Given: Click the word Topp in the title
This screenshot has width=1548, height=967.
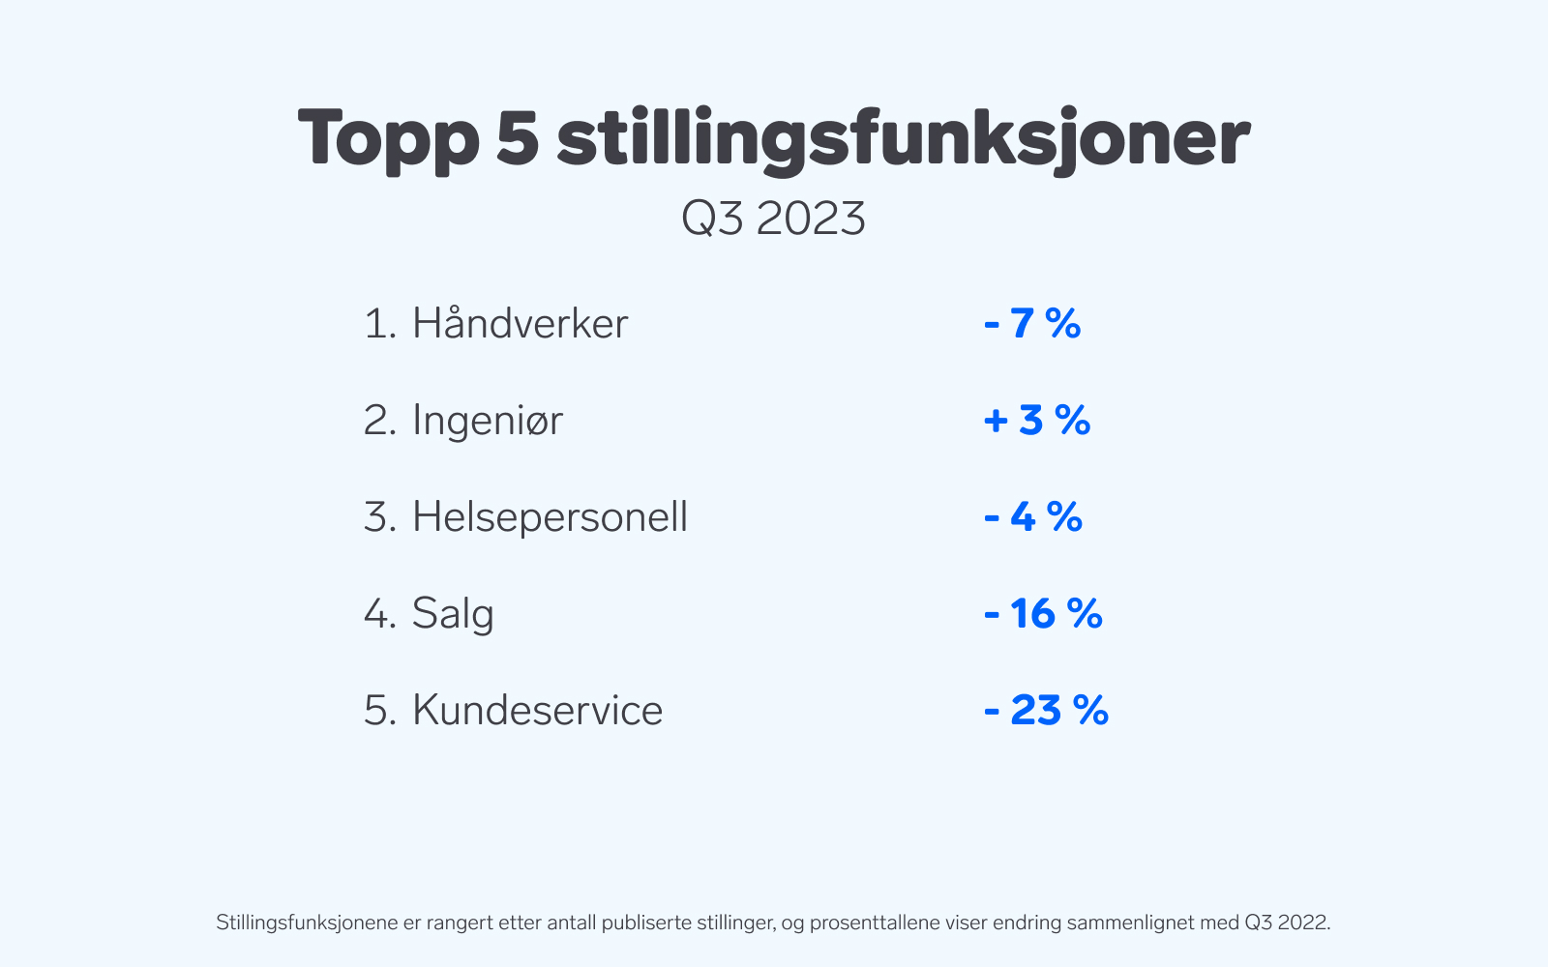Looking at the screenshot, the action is [x=388, y=141].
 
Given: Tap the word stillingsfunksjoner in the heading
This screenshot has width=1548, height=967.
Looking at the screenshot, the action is [x=904, y=141].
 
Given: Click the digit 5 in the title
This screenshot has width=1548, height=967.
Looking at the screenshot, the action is [x=517, y=138].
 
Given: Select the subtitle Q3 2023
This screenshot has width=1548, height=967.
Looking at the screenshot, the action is [x=773, y=219].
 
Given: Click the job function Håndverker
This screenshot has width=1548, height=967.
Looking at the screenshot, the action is [x=520, y=323].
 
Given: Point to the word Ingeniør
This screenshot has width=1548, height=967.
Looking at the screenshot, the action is [x=488, y=420].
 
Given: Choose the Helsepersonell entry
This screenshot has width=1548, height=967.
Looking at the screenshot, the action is [x=550, y=516].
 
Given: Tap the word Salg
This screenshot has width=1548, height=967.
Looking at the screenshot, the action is [x=453, y=613].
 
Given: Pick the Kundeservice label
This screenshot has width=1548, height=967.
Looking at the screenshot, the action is [x=537, y=710].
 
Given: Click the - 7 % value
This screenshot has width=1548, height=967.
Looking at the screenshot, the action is [x=1032, y=323].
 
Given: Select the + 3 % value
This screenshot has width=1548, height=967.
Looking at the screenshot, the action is [x=1037, y=420].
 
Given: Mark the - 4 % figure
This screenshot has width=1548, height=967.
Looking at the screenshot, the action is [x=1033, y=516].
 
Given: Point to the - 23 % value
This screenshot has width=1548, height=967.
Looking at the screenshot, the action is [x=1046, y=710].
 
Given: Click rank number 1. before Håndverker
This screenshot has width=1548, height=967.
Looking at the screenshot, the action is [x=380, y=323].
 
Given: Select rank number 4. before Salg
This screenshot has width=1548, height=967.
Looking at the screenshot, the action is [x=380, y=613].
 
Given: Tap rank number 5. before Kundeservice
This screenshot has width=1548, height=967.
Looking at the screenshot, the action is [x=380, y=710].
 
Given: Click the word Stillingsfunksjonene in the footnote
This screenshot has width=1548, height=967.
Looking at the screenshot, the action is [x=307, y=923].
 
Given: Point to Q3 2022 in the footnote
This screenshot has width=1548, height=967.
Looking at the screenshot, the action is [x=1287, y=923].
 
